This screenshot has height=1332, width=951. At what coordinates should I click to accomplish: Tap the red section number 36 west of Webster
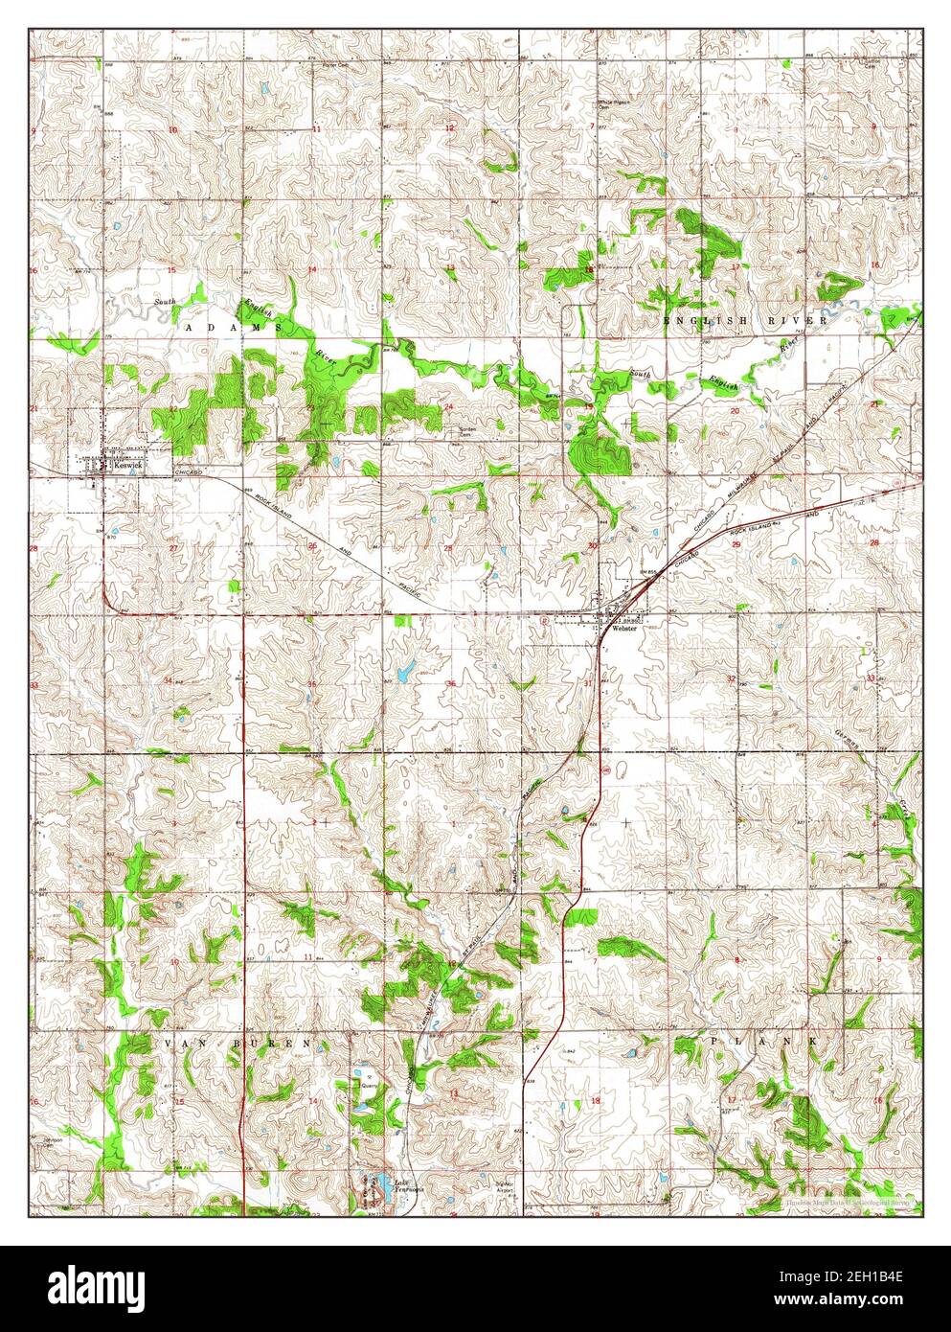451,683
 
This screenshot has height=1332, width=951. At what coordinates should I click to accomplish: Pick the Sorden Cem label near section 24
466,429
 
